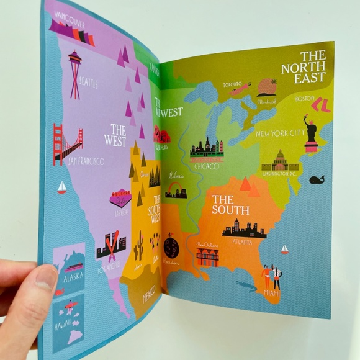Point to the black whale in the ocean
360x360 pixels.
point(317,180)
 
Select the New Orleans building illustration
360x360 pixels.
point(207,255)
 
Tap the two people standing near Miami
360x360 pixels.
point(271,277)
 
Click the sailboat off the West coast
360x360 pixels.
point(61,187)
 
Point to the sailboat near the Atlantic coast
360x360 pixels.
point(284,250)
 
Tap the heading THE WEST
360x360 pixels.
point(115,135)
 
